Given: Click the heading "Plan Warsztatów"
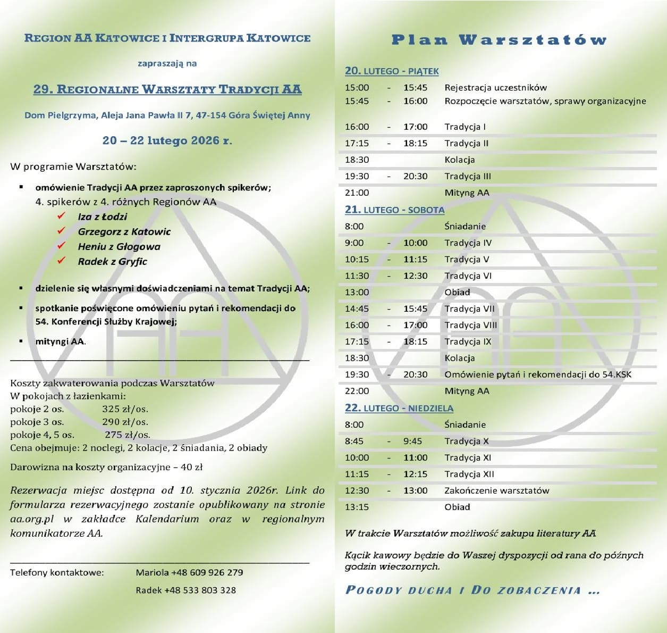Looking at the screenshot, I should pos(499,40).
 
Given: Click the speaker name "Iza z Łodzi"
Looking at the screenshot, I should pos(103,216).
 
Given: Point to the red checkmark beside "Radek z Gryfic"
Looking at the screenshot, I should pos(62,261).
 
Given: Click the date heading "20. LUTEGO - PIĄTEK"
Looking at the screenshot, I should pos(392,71).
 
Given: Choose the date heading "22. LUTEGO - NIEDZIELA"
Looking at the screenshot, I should pos(399,408).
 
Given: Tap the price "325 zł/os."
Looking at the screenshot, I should pos(125,409).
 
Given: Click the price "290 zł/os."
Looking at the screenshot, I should pos(125,422).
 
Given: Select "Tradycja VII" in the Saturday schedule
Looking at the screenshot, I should pos(469,309).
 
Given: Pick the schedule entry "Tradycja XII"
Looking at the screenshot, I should pos(469,474).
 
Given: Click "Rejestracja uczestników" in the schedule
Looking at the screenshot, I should pos(495,87).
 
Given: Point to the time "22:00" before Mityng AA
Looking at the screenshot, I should pos(357,391).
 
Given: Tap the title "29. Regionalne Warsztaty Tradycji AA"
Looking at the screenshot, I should pos(167,89).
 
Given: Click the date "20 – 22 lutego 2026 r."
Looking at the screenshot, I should pos(167,140).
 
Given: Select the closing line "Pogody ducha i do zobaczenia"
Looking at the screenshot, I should pos(472,590).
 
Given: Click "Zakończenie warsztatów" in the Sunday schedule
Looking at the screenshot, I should pos(496,490).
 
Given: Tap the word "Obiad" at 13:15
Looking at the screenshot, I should pos(457,507).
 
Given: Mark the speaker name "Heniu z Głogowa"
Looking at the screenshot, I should pos(119,246).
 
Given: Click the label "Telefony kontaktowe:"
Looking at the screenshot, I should pos(57,572).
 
